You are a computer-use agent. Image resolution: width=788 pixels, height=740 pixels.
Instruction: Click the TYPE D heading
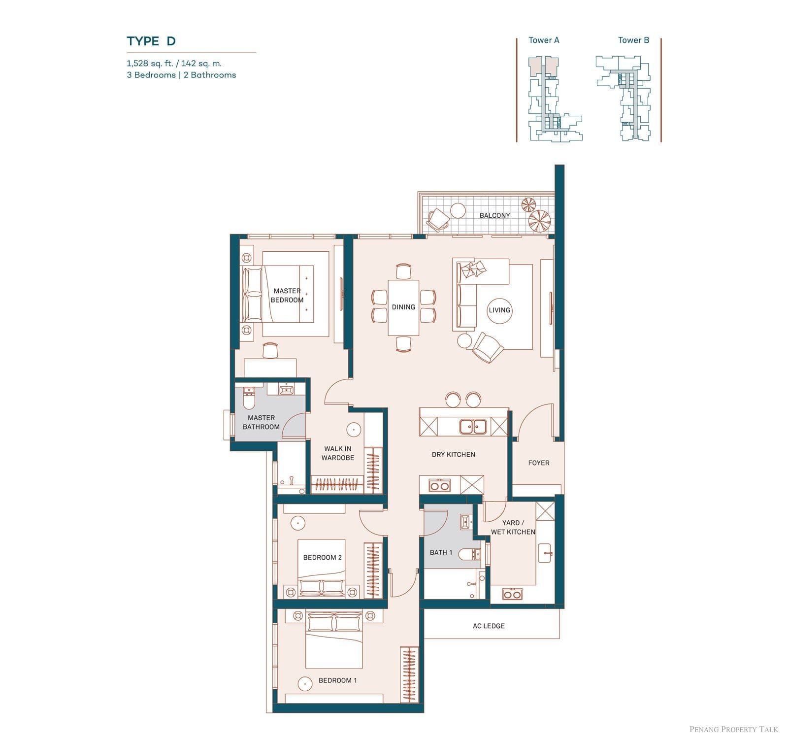[x=151, y=41]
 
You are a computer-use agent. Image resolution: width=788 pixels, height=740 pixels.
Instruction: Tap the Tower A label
[x=544, y=40]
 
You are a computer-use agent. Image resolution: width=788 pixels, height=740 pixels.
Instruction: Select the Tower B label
[x=633, y=40]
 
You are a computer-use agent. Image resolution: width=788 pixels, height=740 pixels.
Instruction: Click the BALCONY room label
[x=494, y=215]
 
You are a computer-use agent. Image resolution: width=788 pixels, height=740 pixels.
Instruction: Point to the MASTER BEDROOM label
[x=287, y=296]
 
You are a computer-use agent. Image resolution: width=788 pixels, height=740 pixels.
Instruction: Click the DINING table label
[x=403, y=307]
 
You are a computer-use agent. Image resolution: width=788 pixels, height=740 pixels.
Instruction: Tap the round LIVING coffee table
[x=499, y=310]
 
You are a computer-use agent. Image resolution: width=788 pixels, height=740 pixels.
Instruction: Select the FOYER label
[x=538, y=463]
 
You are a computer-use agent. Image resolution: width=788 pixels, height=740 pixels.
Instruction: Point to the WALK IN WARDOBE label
[x=338, y=453]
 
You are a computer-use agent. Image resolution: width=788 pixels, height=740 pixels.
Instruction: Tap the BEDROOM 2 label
[x=322, y=558]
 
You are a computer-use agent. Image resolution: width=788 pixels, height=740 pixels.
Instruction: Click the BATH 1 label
[x=441, y=552]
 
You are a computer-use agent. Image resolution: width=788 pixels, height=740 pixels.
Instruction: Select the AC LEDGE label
[x=489, y=626]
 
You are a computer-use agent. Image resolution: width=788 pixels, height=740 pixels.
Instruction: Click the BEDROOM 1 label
[x=338, y=680]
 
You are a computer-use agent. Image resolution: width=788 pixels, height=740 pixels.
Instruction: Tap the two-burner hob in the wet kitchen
[x=513, y=594]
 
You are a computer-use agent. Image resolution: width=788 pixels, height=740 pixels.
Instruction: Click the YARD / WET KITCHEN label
[x=513, y=527]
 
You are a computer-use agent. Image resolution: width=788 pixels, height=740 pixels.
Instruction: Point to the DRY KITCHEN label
[x=453, y=455]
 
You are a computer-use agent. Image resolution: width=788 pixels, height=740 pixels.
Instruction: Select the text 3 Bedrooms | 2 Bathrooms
[x=181, y=75]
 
